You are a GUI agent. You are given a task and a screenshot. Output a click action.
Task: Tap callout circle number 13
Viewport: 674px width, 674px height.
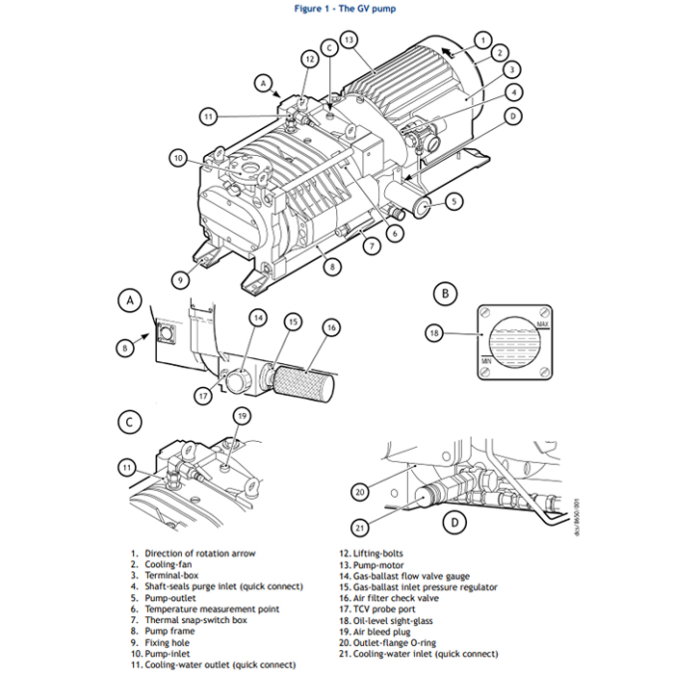click(349, 39)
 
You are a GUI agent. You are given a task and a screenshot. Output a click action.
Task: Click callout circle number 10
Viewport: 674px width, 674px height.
click(178, 158)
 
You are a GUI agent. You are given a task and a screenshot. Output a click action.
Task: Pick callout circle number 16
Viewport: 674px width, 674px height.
click(331, 327)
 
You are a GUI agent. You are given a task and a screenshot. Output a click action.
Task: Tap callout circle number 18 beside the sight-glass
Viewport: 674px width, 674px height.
click(434, 333)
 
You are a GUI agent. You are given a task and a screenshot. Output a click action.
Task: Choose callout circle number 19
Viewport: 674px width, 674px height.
click(243, 416)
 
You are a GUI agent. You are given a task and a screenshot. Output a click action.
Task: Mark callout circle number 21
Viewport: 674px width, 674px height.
click(360, 527)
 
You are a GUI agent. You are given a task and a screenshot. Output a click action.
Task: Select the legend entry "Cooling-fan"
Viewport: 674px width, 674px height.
click(169, 564)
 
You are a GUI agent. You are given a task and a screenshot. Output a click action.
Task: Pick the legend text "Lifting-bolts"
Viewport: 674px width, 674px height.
click(376, 554)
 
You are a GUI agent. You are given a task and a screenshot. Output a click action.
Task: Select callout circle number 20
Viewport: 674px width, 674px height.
click(360, 492)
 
